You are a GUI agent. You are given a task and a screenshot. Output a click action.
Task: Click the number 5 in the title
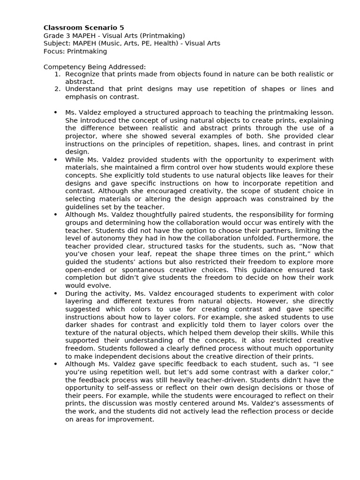[122, 28]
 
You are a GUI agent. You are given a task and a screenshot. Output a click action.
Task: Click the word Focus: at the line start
[54, 52]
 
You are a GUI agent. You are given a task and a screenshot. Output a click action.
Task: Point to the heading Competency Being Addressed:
[95, 67]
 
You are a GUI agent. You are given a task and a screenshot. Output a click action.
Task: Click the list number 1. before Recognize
[57, 74]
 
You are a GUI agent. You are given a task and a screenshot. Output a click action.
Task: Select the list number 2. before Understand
[57, 89]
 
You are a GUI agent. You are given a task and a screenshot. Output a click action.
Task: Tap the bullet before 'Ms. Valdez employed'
[55, 112]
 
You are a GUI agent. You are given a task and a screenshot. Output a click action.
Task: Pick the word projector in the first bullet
[80, 136]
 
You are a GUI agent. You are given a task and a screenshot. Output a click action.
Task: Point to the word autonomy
[97, 239]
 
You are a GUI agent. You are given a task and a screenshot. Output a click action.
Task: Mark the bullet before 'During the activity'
[55, 293]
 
